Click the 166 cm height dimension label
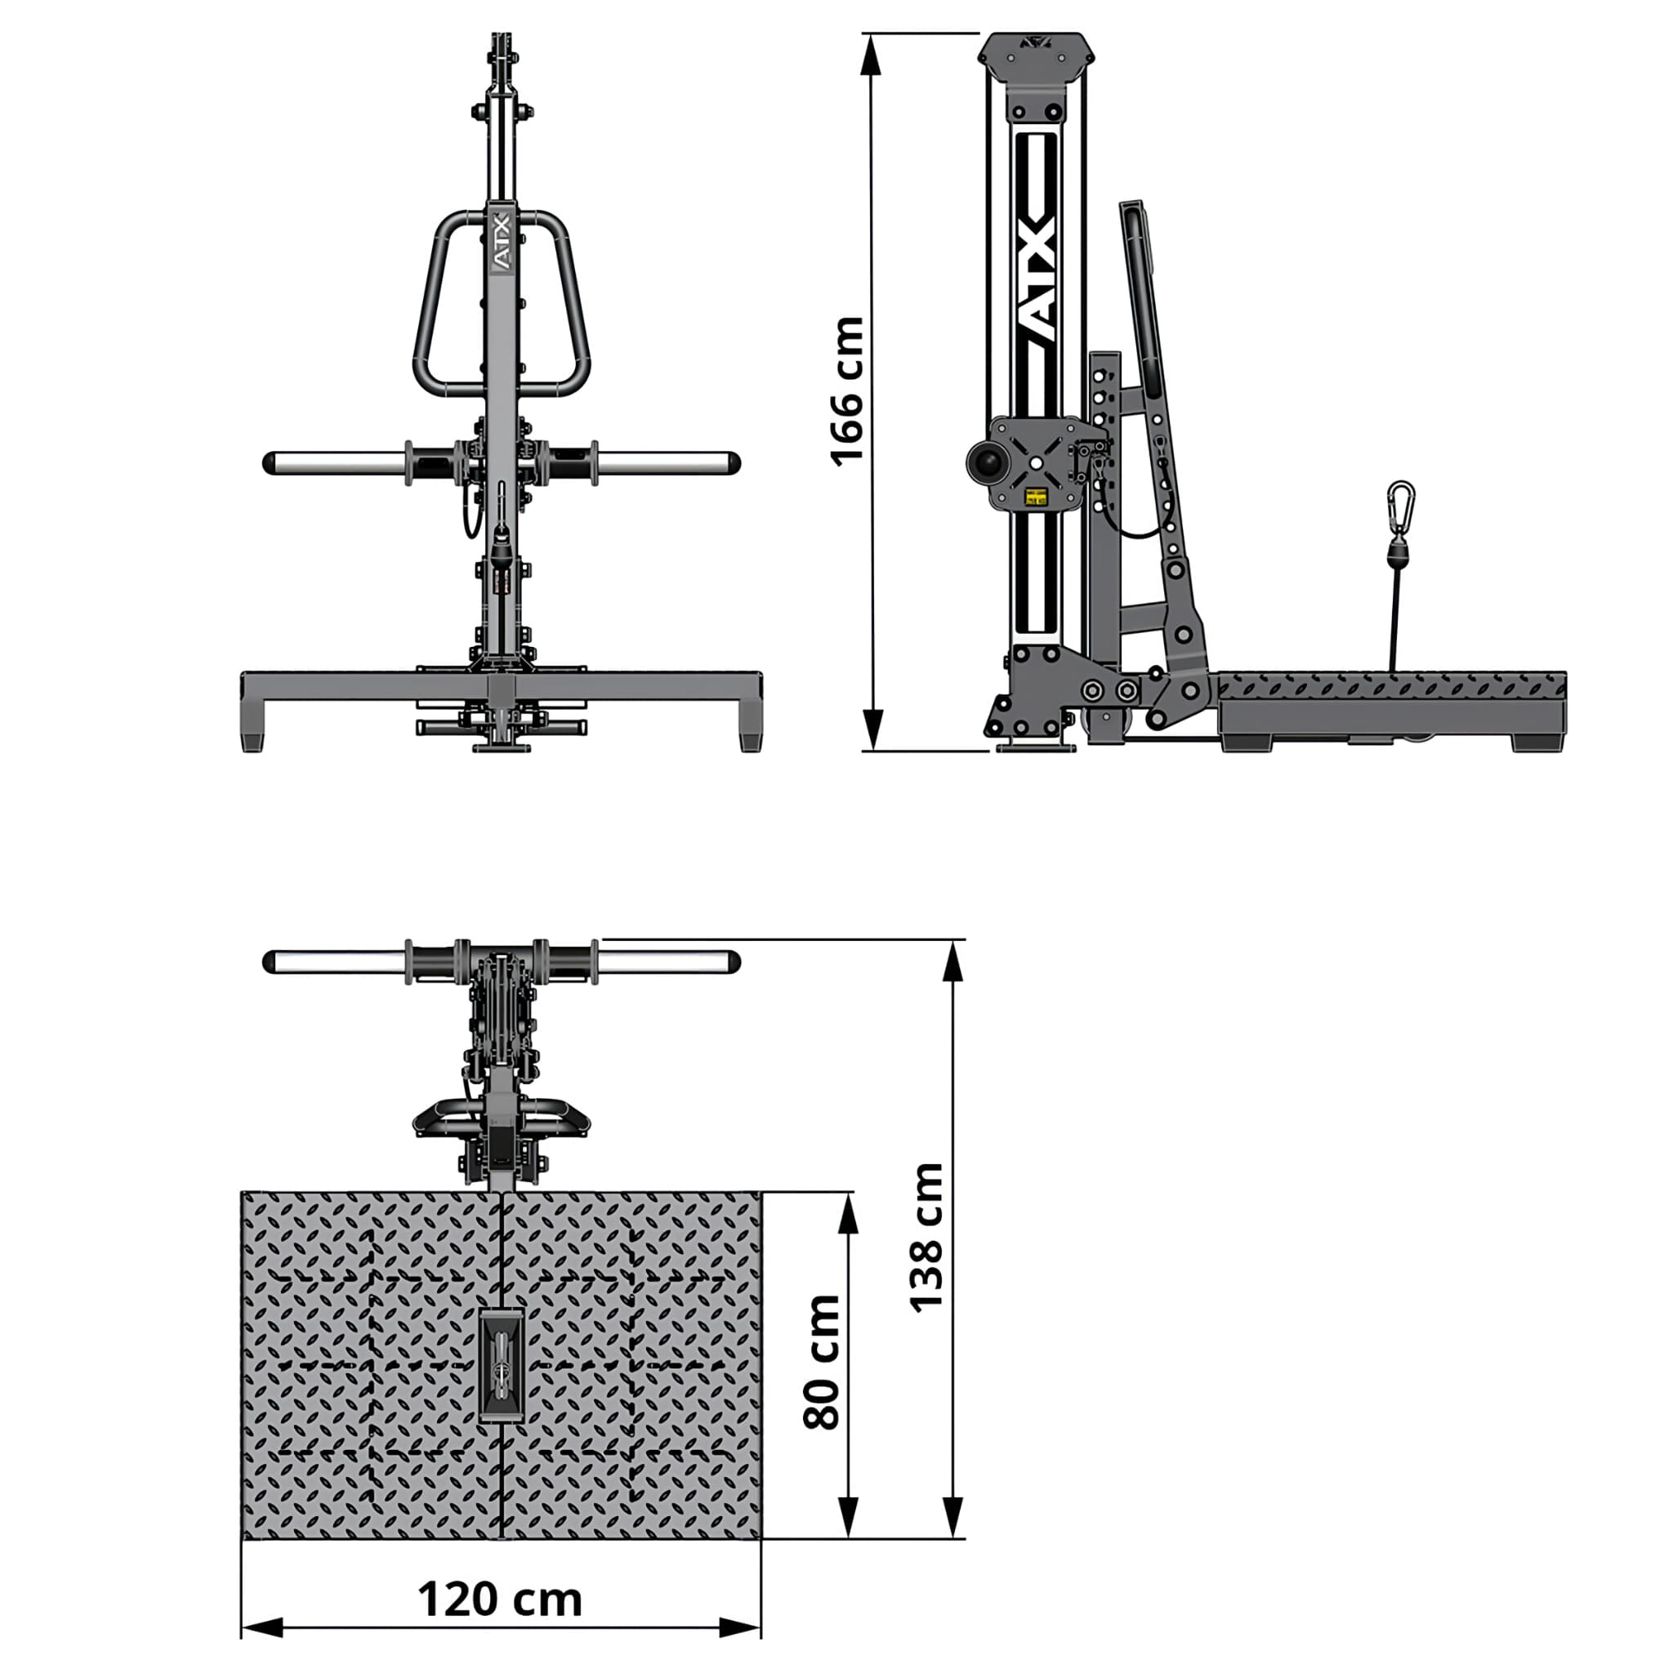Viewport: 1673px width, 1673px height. pyautogui.click(x=847, y=391)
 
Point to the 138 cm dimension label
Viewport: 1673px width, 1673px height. pyautogui.click(x=926, y=1238)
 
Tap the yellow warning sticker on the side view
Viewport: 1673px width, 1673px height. pyautogui.click(x=1036, y=497)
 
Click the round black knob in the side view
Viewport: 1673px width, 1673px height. pyautogui.click(x=986, y=462)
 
